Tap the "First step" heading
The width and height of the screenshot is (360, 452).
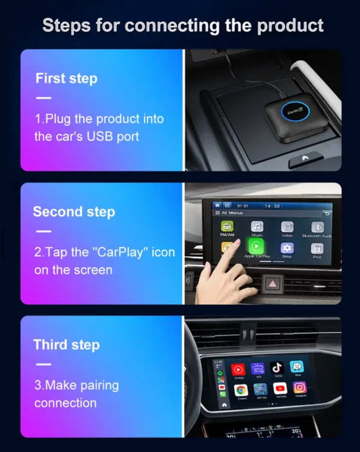point(66,78)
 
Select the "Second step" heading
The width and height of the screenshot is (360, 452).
point(74,212)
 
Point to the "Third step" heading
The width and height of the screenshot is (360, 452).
point(66,345)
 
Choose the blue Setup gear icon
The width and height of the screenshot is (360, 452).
point(287,248)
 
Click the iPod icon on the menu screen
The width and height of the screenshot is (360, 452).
point(316,248)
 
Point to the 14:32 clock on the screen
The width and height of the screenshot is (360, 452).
point(272,206)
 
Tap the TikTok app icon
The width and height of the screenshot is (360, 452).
point(276,368)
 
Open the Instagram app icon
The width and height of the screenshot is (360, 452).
point(299,387)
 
